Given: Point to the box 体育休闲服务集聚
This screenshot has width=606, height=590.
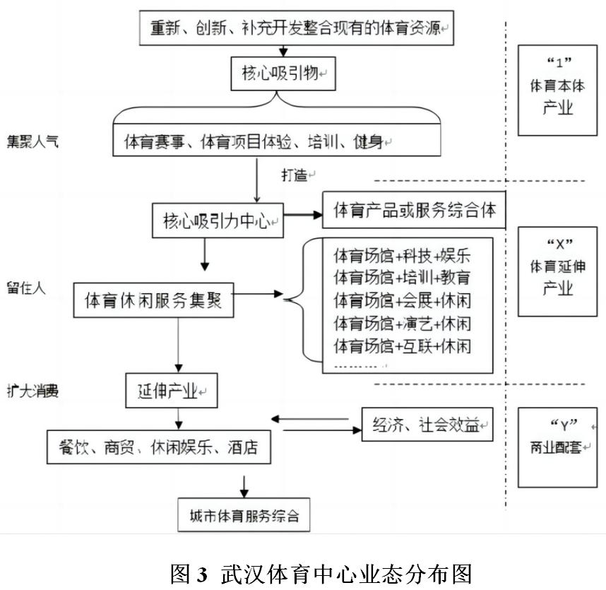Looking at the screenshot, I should point(153,300).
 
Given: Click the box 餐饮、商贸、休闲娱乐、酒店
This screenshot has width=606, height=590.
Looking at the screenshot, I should point(159,447).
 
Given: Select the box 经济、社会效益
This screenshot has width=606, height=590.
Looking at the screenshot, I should point(427,425).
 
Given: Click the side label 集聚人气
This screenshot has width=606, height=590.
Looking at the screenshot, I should point(32,141).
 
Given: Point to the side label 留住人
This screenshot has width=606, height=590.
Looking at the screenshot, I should point(26,288).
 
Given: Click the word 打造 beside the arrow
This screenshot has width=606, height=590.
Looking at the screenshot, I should point(295,175).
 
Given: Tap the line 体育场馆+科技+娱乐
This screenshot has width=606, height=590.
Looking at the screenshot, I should point(402,254).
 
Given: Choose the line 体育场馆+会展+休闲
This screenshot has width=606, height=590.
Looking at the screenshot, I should point(402,301).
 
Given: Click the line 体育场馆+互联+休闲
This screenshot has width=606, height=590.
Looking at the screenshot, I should point(402,346).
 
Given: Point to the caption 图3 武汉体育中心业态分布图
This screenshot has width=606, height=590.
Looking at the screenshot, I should point(321,572).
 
